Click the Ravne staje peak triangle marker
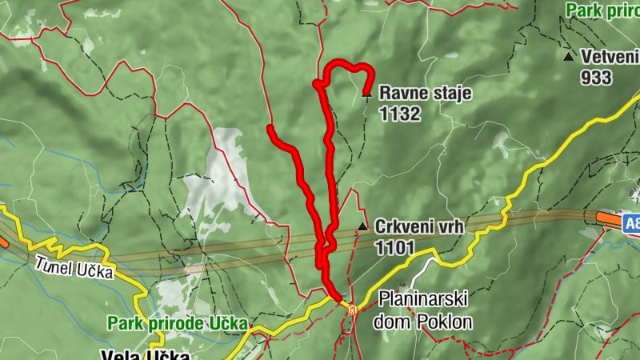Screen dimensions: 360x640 click(x=366, y=94)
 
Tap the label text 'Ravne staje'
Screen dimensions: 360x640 click(x=426, y=94)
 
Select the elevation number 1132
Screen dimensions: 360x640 click(x=400, y=114)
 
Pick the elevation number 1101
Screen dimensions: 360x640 click(x=394, y=247)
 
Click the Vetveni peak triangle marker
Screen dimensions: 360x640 click(x=568, y=57)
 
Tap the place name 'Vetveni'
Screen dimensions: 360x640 click(x=610, y=57)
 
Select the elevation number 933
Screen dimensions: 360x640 click(x=597, y=78)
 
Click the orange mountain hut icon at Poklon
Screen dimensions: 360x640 click(x=352, y=308)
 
